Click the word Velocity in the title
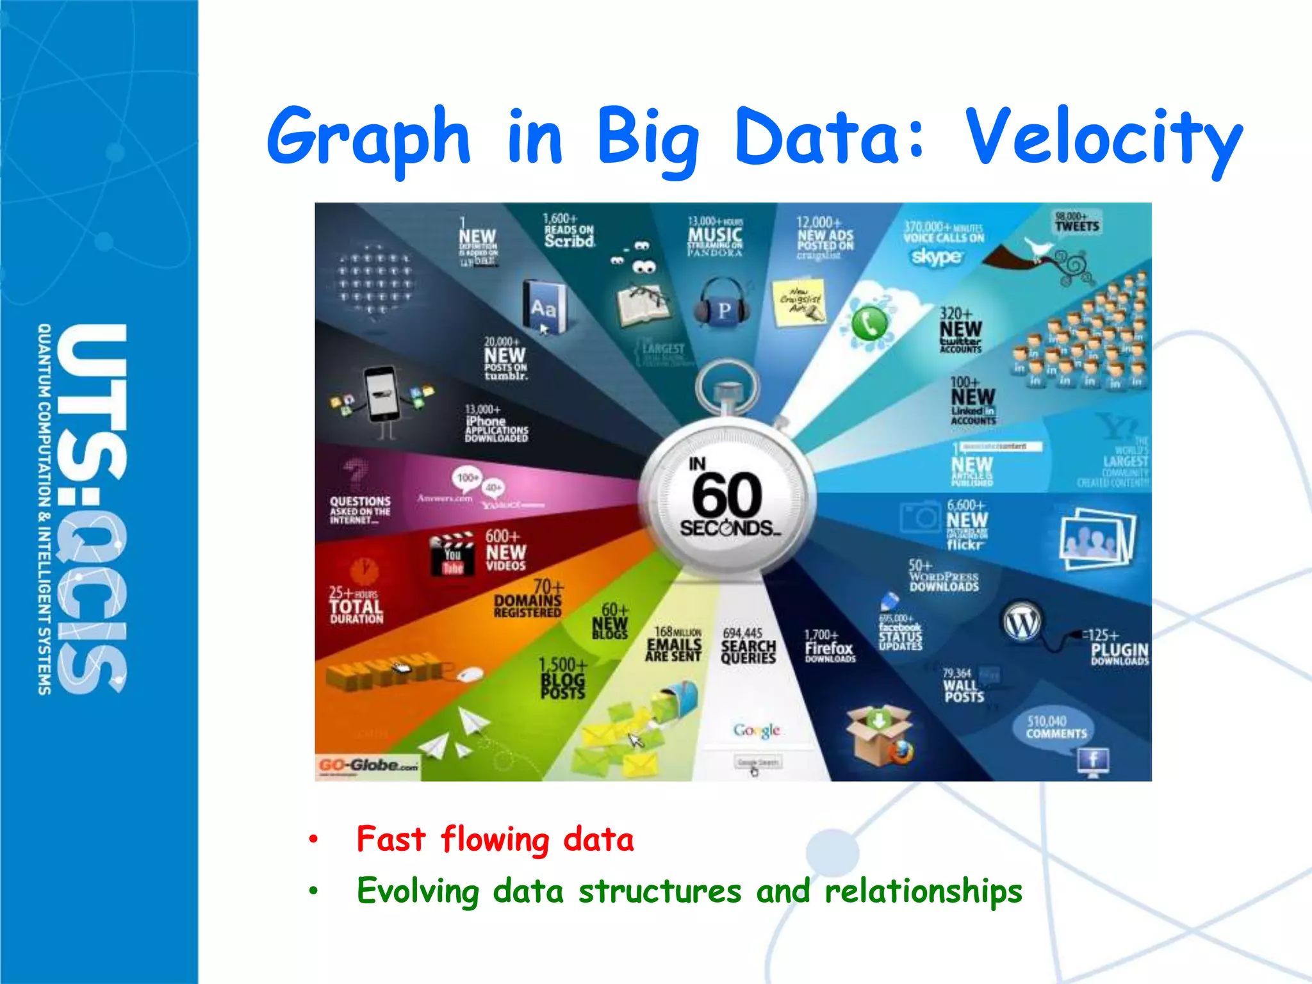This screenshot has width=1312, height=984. (x=1103, y=138)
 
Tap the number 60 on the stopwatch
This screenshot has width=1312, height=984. (x=727, y=495)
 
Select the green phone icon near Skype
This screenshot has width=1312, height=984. (x=869, y=324)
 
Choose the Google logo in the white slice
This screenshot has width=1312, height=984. (x=757, y=730)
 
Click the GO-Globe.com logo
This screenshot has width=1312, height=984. (x=368, y=765)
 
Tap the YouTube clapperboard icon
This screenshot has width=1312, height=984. (x=452, y=553)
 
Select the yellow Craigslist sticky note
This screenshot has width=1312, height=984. (x=799, y=301)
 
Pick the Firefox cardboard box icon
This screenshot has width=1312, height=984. (x=878, y=735)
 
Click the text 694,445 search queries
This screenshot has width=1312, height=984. (x=748, y=646)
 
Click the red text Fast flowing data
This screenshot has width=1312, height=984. (x=495, y=839)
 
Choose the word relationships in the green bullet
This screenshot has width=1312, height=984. (x=923, y=891)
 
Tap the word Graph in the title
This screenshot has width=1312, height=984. (x=369, y=138)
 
